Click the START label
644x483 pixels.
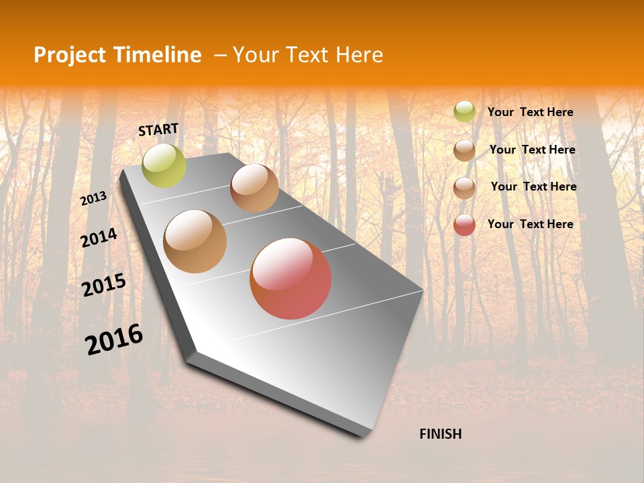point(158,129)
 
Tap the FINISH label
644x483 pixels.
point(440,434)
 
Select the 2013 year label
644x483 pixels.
point(94,198)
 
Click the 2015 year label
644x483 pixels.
point(104,285)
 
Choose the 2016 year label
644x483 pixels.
point(114,339)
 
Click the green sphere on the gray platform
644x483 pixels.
point(164,165)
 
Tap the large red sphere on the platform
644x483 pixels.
point(290,278)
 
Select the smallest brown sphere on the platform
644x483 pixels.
point(254,188)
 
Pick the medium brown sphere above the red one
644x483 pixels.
point(195,241)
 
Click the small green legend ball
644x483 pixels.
point(464,112)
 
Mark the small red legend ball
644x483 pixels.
point(464,225)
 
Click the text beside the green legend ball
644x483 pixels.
point(530,112)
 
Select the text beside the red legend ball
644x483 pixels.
point(530,224)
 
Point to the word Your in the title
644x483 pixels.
point(256,55)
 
